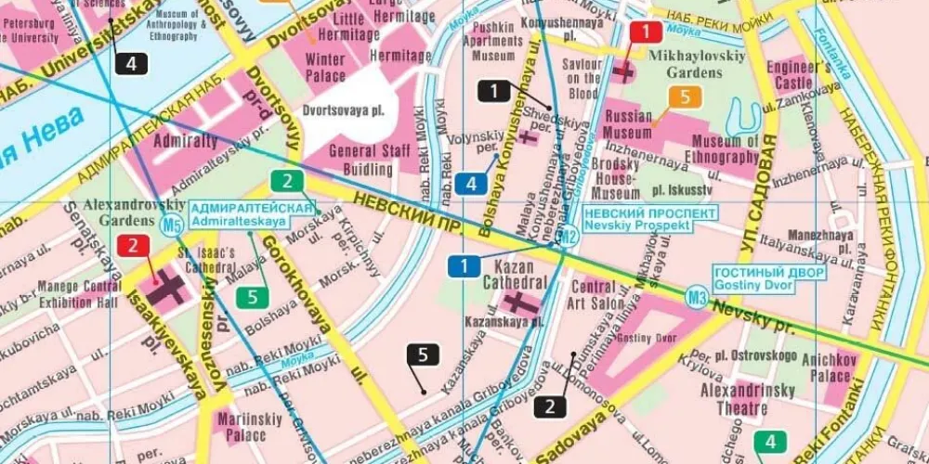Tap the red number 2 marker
click(133, 246)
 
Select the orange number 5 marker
click(685, 97)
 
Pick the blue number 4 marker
click(471, 184)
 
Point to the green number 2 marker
click(287, 182)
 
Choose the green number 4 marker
click(770, 442)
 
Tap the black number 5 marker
click(423, 354)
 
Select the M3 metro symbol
click(697, 297)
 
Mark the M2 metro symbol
click(569, 237)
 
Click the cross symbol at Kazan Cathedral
click(517, 303)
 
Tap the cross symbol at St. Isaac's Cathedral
click(167, 288)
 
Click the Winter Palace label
click(325, 67)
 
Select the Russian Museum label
click(629, 125)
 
